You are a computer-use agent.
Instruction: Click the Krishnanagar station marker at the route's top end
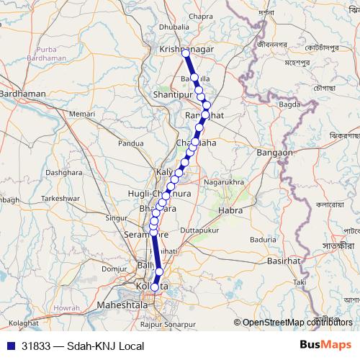point(186,53)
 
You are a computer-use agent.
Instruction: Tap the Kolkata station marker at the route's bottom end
point(155,287)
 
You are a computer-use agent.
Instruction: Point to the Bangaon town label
point(274,153)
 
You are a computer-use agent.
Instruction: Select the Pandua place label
point(132,143)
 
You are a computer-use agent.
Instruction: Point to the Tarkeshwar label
point(59,197)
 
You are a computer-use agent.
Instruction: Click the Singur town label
point(117,217)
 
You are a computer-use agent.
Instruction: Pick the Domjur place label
point(114,268)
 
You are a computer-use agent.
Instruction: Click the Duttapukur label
point(198,230)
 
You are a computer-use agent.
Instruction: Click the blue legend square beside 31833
point(8,346)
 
